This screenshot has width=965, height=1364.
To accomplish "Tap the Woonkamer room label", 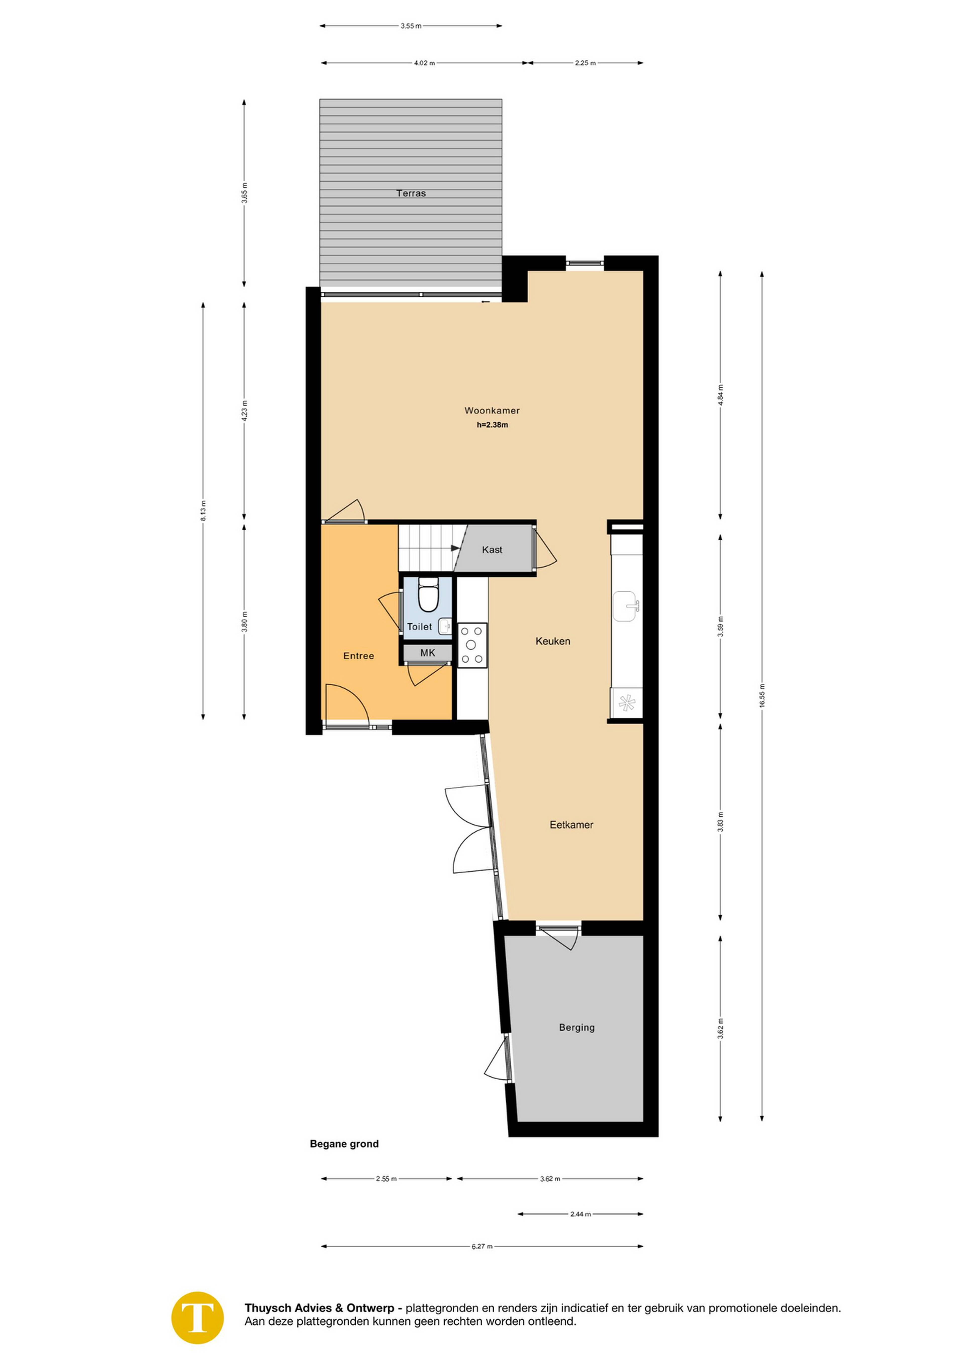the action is pyautogui.click(x=492, y=411).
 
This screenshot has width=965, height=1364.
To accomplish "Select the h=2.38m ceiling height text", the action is pyautogui.click(x=492, y=425).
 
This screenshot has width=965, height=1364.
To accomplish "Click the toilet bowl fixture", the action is pyautogui.click(x=428, y=595).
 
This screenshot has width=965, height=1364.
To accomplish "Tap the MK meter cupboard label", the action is pyautogui.click(x=428, y=653).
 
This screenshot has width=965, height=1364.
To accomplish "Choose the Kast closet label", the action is pyautogui.click(x=492, y=549).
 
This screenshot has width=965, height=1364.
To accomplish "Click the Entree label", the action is pyautogui.click(x=359, y=656).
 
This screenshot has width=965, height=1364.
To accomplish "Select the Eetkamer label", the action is pyautogui.click(x=572, y=825).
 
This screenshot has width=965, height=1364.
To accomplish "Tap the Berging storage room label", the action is pyautogui.click(x=576, y=1027).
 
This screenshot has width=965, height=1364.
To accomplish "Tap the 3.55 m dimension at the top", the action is pyautogui.click(x=411, y=26).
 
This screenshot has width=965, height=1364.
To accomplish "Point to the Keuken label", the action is pyautogui.click(x=553, y=641).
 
